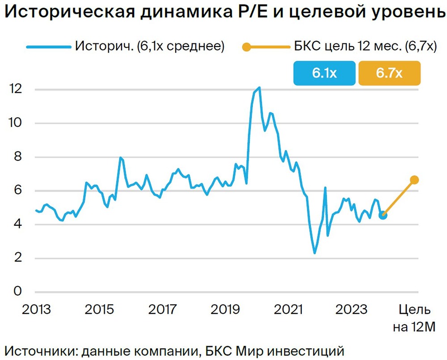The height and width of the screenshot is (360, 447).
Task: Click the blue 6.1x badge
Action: click(x=325, y=73)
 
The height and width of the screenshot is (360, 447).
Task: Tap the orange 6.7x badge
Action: click(x=389, y=73)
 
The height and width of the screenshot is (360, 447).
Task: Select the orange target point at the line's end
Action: click(x=414, y=180)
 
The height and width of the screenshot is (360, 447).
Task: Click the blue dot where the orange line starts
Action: click(x=383, y=215)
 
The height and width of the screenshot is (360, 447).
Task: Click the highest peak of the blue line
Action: click(x=260, y=88)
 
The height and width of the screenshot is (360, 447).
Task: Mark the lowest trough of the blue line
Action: click(x=315, y=253)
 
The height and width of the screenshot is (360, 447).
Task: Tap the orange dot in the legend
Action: click(x=246, y=47)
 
